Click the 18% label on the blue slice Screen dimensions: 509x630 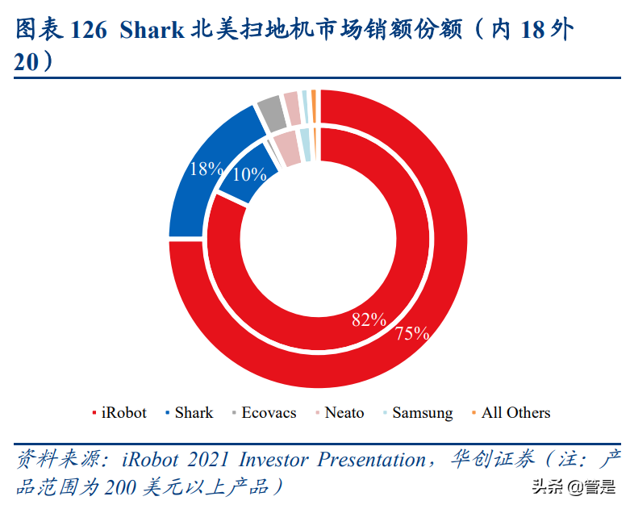click(x=206, y=169)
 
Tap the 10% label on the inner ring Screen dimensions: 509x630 click(x=249, y=174)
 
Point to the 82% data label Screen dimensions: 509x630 click(x=369, y=319)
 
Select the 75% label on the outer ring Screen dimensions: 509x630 click(x=411, y=333)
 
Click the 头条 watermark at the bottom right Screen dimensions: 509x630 click(x=546, y=487)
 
